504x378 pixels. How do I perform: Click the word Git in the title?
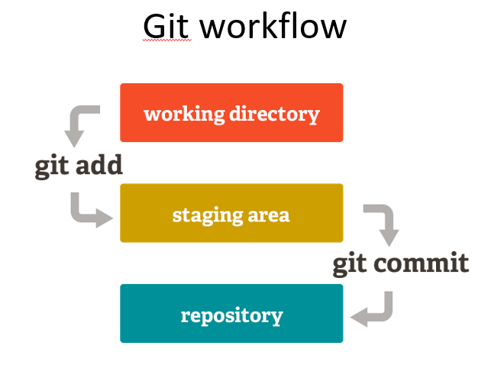coord(166,26)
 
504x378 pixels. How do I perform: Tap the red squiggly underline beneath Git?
coord(166,40)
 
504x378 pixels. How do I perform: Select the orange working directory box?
coord(231,112)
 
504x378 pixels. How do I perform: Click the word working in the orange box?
coord(184,115)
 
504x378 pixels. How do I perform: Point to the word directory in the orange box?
coord(274,115)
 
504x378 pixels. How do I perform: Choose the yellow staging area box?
coord(231,213)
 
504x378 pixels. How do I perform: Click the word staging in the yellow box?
coord(207,215)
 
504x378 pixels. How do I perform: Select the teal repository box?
coord(231,313)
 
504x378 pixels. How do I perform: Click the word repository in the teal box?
coord(231,316)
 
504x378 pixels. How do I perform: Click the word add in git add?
coord(99,165)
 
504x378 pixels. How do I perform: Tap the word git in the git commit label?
coord(350,265)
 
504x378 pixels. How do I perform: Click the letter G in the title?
coord(156,27)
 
